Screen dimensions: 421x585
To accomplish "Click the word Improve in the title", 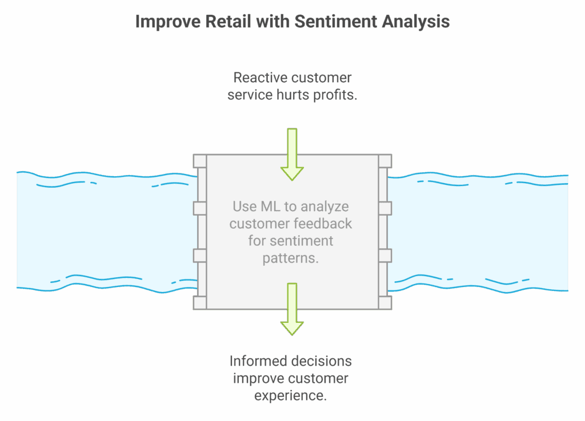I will (x=164, y=22).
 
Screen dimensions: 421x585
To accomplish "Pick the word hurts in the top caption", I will (x=291, y=95).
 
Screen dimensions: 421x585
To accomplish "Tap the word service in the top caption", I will (x=249, y=95).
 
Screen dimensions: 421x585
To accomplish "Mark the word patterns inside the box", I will (x=291, y=258).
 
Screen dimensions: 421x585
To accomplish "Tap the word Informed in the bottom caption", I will (x=254, y=362).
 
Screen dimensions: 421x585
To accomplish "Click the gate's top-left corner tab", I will (x=199, y=161).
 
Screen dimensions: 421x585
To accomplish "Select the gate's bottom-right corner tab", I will (x=385, y=302).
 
